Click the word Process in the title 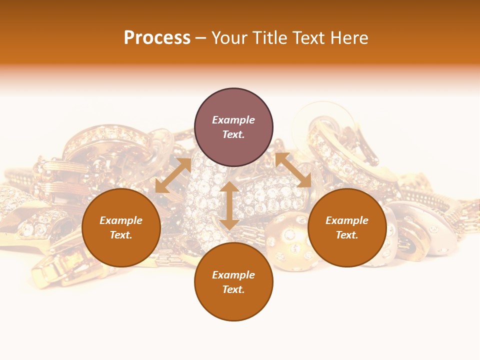click(157, 38)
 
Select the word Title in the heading click(272, 38)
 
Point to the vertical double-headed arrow click(229, 205)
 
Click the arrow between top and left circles click(173, 175)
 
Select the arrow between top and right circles click(293, 170)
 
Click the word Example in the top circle click(233, 120)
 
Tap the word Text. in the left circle click(121, 235)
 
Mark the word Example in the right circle click(347, 220)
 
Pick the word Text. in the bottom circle click(233, 289)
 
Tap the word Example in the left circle click(121, 220)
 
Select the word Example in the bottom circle click(233, 275)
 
